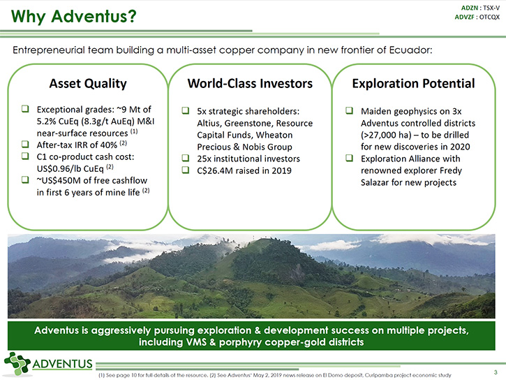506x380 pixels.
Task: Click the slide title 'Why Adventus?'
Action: click(74, 16)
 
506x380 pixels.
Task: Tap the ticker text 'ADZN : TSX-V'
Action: click(480, 8)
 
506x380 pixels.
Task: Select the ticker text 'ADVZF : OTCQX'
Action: click(477, 17)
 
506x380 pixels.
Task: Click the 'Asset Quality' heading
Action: click(88, 84)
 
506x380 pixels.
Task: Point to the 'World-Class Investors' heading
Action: click(250, 84)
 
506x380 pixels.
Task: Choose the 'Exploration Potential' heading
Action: click(413, 84)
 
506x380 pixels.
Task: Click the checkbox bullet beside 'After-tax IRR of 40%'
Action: click(25, 144)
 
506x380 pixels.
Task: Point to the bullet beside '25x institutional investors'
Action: click(185, 158)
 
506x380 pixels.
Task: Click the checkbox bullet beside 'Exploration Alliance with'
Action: click(349, 158)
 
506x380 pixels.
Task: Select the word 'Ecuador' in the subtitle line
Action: click(410, 50)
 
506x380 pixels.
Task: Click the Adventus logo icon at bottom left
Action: click(17, 364)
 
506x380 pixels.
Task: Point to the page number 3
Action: click(496, 372)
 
